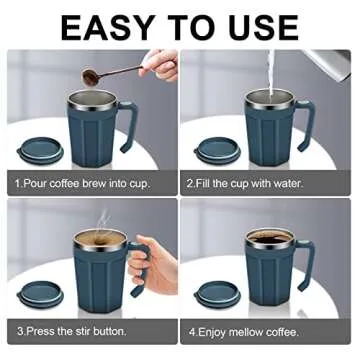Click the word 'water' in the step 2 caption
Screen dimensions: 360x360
(x=286, y=183)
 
